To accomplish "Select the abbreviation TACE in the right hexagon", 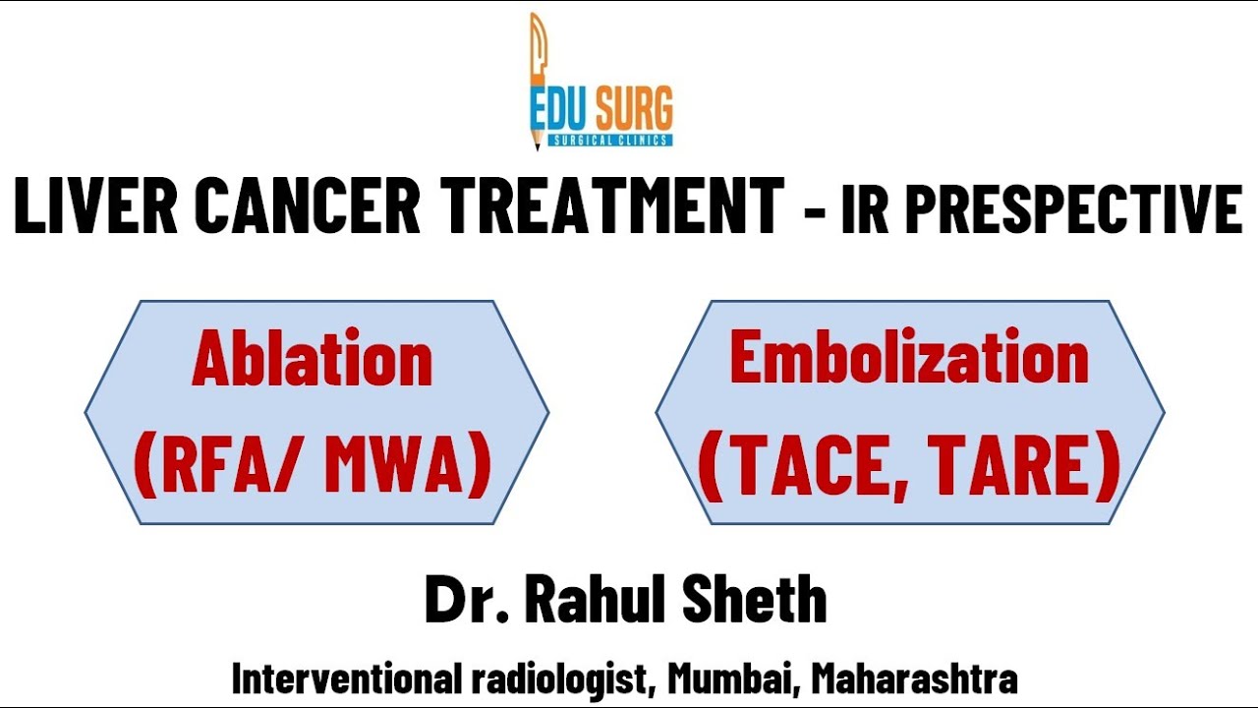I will [809, 468].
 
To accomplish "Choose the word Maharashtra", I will [914, 678].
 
